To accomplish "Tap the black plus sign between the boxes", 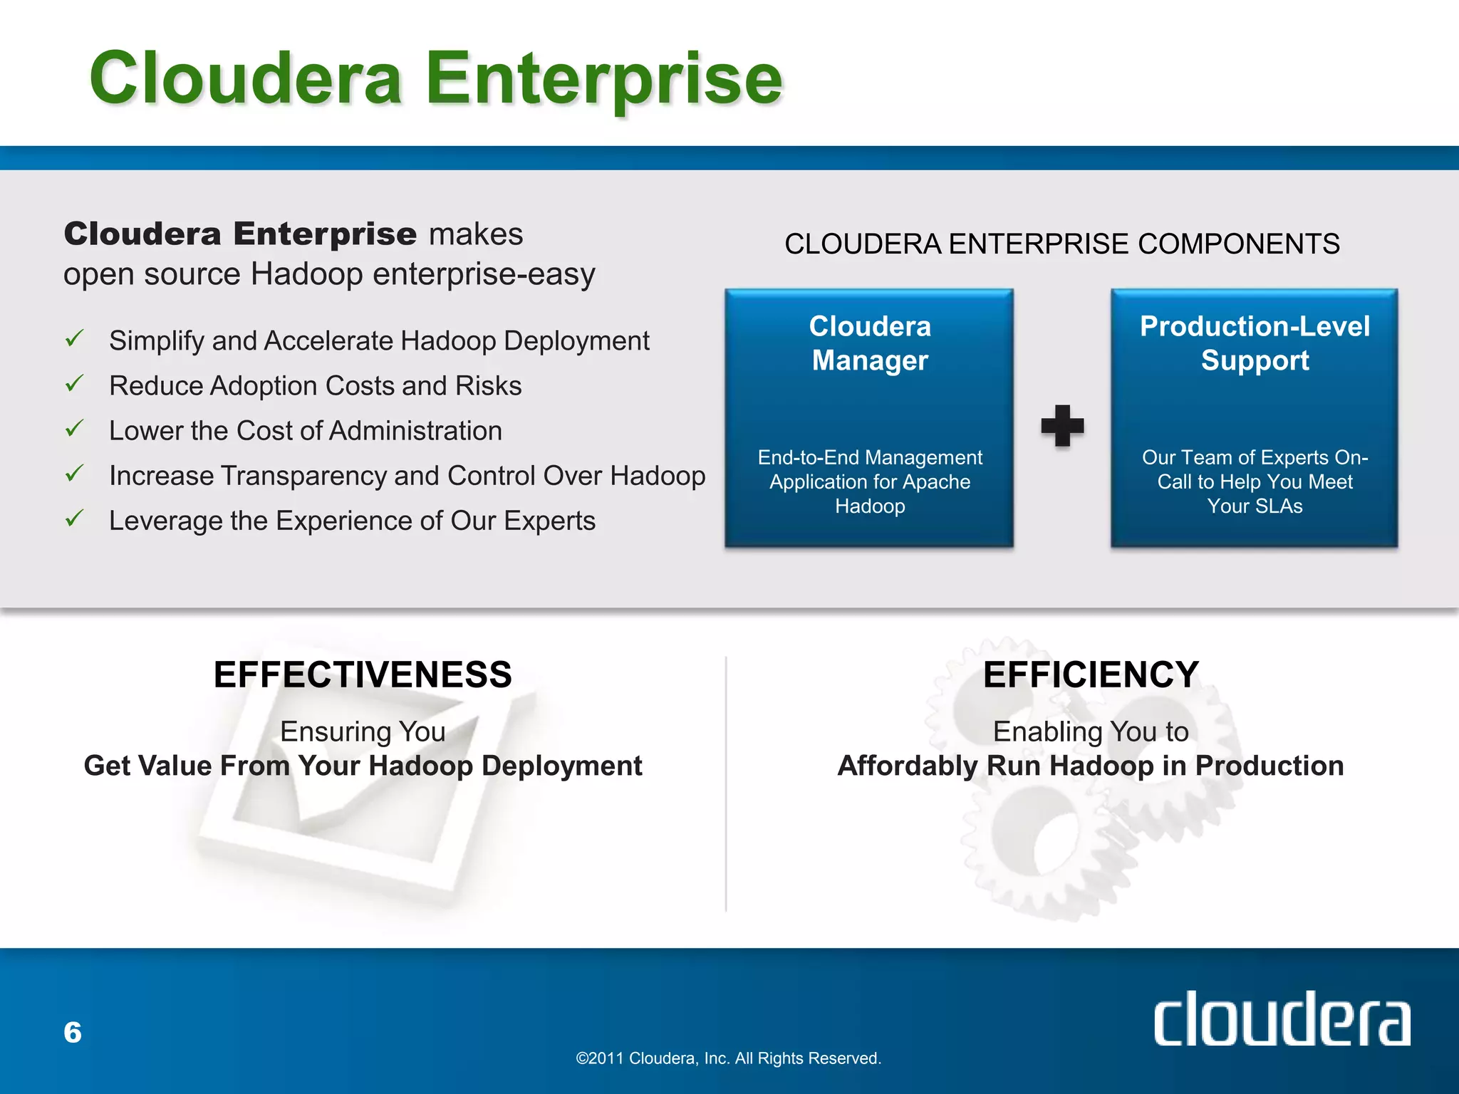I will coord(1062,425).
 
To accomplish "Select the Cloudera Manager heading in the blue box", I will coord(870,343).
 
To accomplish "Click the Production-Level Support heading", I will coord(1255,343).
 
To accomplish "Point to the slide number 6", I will coord(73,1032).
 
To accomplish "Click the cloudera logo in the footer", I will coord(1281,1019).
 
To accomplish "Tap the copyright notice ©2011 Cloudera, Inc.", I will coord(728,1058).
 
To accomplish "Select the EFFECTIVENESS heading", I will coord(363,674).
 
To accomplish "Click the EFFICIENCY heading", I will coord(1091,674).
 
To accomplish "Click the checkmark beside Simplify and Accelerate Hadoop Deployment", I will coord(75,338).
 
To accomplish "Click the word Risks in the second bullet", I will coord(489,386).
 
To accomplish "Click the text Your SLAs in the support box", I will coord(1255,506).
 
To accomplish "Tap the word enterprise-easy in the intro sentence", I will coord(484,274).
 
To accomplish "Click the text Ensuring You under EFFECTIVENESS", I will coord(363,731).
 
